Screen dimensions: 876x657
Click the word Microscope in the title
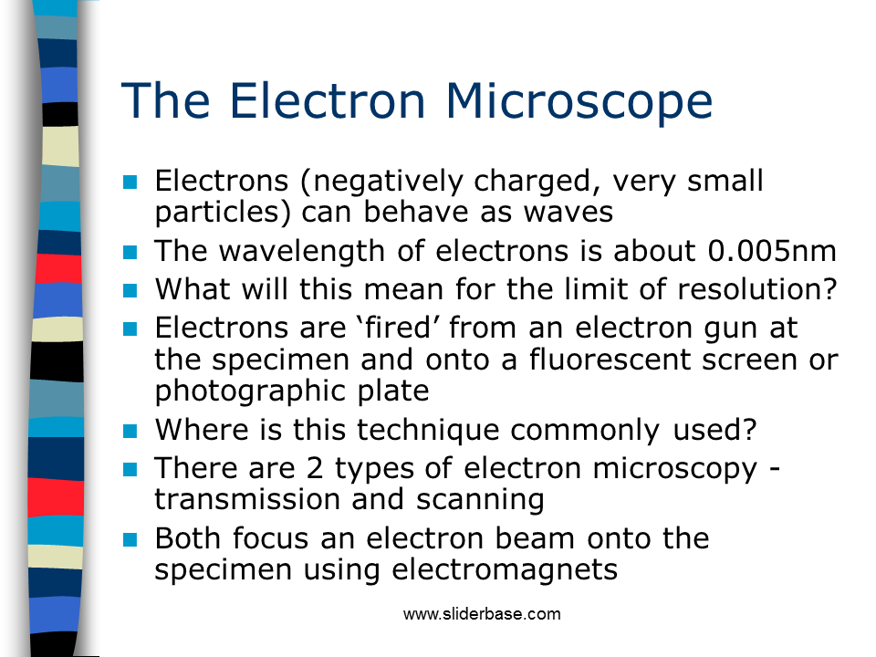pyautogui.click(x=579, y=101)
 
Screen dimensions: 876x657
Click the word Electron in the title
pyautogui.click(x=328, y=100)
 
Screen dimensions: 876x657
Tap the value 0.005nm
pyautogui.click(x=772, y=251)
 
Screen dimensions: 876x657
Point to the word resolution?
pyautogui.click(x=757, y=289)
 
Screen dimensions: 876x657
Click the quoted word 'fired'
pyautogui.click(x=399, y=328)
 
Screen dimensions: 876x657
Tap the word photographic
pyautogui.click(x=250, y=391)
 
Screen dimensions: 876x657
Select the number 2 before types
pyautogui.click(x=315, y=468)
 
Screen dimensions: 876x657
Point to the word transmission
pyautogui.click(x=247, y=499)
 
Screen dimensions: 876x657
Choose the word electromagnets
pyautogui.click(x=505, y=570)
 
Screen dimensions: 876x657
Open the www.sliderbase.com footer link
pyautogui.click(x=482, y=614)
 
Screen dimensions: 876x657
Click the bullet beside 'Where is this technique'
pyautogui.click(x=130, y=431)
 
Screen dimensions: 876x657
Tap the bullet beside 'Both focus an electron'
pyautogui.click(x=130, y=539)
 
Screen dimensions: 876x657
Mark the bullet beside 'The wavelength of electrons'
pyautogui.click(x=130, y=252)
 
